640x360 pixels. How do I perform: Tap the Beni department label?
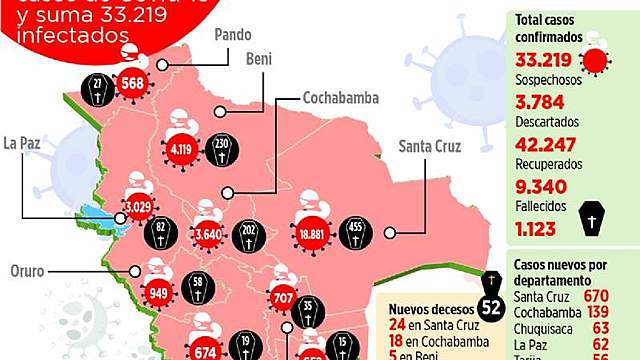pyautogui.click(x=260, y=60)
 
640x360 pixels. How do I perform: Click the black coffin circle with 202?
pyautogui.click(x=251, y=235)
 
